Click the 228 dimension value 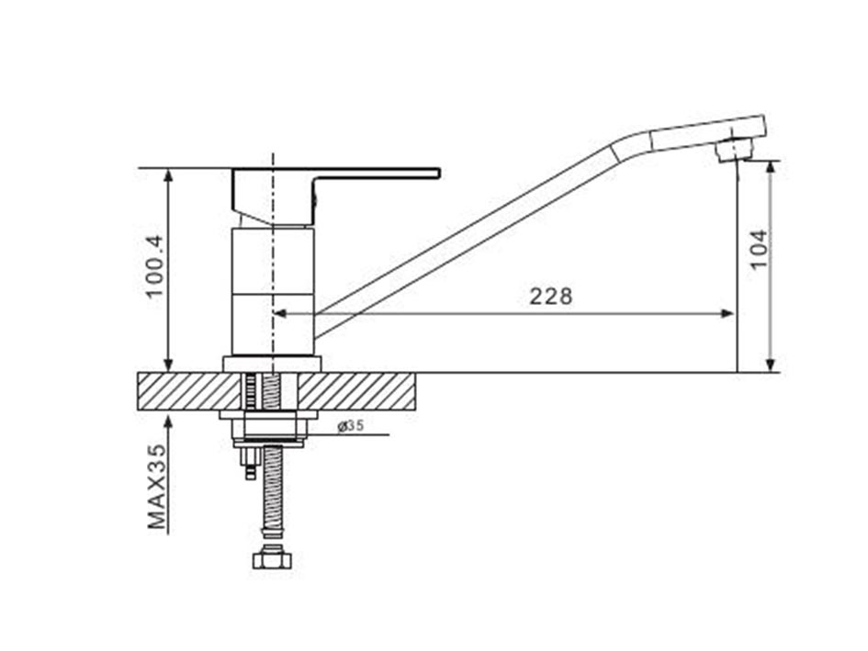coord(551,297)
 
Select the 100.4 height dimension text coord(155,266)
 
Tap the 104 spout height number coord(759,249)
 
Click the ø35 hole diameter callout coord(350,426)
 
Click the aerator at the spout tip coord(734,150)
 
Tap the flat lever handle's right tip coord(440,174)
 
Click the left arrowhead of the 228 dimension coord(280,314)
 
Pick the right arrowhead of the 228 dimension coord(727,314)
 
